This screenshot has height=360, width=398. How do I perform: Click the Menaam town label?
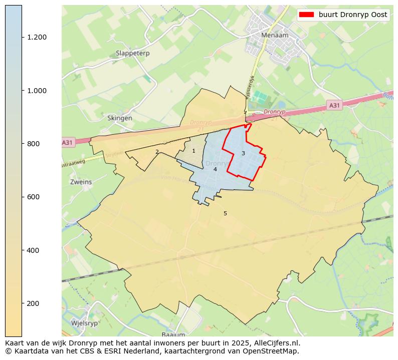pyautogui.click(x=273, y=36)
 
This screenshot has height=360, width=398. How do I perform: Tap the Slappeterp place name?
pyautogui.click(x=132, y=53)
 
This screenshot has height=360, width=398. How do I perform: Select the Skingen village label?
pyautogui.click(x=120, y=118)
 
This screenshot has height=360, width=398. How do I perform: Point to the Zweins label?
pyautogui.click(x=81, y=182)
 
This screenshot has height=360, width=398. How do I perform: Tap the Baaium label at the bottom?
pyautogui.click(x=173, y=334)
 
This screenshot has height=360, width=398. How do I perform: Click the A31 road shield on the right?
pyautogui.click(x=334, y=105)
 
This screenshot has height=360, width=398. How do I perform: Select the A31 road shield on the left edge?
pyautogui.click(x=67, y=143)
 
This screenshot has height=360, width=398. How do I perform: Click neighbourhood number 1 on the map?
pyautogui.click(x=193, y=151)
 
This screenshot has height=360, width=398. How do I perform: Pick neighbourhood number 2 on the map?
pyautogui.click(x=157, y=152)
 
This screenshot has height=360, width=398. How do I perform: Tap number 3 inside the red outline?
pyautogui.click(x=243, y=153)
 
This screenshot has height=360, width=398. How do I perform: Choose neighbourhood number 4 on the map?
pyautogui.click(x=215, y=169)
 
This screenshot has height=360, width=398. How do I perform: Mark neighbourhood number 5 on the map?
pyautogui.click(x=225, y=213)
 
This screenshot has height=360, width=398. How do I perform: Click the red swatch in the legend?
pyautogui.click(x=306, y=15)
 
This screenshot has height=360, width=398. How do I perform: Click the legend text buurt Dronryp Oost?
pyautogui.click(x=353, y=15)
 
